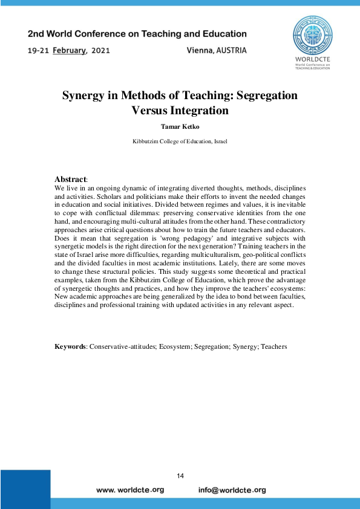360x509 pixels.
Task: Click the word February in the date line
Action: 70,51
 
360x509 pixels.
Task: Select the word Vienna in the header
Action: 201,51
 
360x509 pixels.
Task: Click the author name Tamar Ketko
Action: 180,127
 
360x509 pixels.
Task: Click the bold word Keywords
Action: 70,346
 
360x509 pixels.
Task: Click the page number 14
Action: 180,476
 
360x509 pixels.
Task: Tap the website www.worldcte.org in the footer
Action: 130,490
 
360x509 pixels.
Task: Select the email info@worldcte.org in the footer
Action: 232,490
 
